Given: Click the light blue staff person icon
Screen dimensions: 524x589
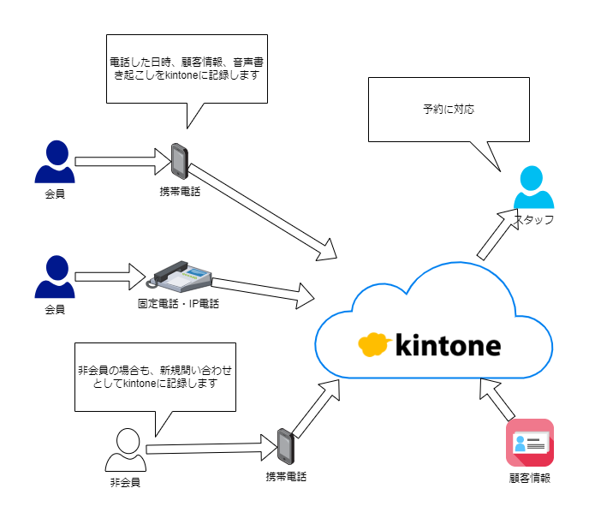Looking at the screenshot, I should tap(533, 189).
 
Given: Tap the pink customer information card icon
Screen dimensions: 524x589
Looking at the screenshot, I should tap(529, 443).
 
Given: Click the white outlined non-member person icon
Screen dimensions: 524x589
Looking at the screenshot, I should tap(126, 450).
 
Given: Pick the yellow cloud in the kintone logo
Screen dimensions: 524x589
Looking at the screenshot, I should tap(374, 343).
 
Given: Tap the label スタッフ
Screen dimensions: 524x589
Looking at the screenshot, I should tap(534, 220).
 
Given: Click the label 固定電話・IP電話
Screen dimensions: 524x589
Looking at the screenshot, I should tap(179, 303).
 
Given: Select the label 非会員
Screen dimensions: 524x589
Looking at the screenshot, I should tap(126, 483).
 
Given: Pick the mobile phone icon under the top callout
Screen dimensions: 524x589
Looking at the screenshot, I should tap(179, 160).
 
